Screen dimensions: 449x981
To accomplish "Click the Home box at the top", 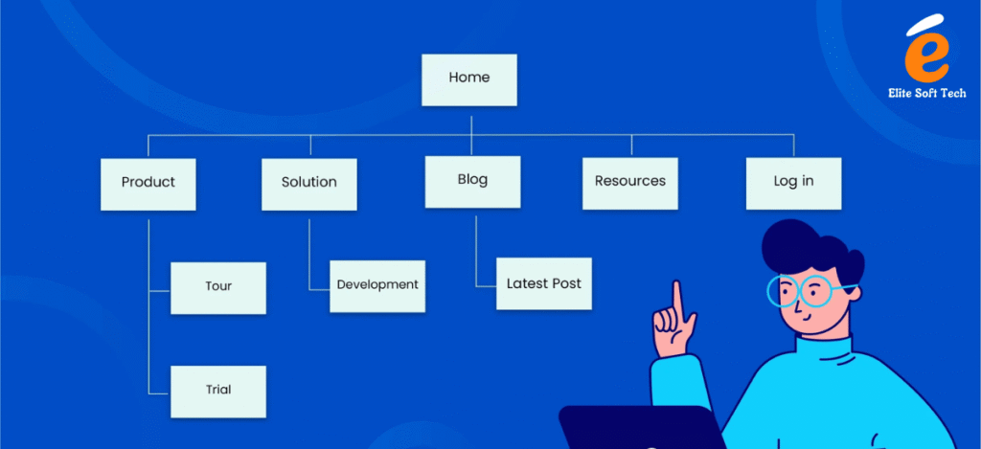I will click(469, 79).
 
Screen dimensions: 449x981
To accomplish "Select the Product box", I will click(148, 182).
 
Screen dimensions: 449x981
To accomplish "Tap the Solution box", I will click(308, 182).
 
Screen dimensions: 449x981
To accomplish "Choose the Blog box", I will click(472, 181).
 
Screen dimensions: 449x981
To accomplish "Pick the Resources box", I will click(629, 182).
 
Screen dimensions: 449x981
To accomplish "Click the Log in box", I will click(793, 182).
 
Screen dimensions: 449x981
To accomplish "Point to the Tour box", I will click(218, 286).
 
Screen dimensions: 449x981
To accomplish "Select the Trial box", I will click(218, 391).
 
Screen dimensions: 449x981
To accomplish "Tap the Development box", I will click(377, 284).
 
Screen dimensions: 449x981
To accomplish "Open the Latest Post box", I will click(543, 283).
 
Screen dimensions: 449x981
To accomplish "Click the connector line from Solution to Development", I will click(309, 254).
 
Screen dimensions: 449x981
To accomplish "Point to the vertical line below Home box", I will click(469, 121).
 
